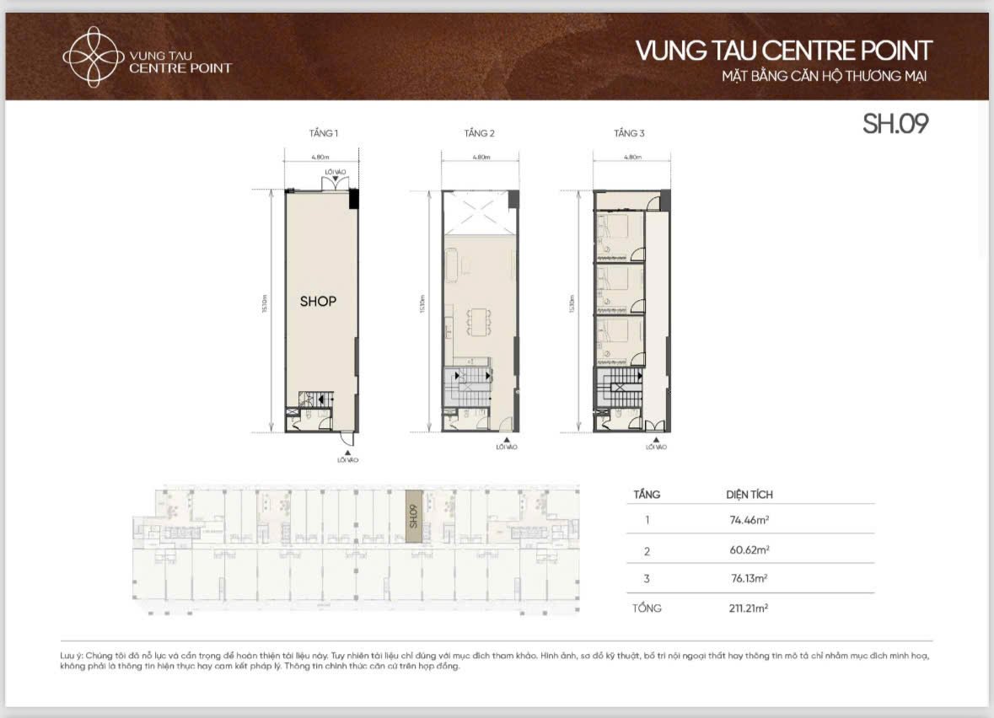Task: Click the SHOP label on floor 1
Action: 318,301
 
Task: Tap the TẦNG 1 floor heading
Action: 324,133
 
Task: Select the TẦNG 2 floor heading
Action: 479,133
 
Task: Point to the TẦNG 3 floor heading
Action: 629,133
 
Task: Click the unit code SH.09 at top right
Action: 895,124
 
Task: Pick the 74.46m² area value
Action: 750,520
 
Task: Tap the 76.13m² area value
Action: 750,579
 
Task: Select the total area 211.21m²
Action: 750,608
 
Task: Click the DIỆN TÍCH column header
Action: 749,495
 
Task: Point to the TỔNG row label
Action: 647,608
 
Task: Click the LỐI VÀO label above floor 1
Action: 336,172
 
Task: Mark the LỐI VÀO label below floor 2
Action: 507,447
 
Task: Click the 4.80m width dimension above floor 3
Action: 631,157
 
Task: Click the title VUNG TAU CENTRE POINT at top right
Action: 783,51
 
